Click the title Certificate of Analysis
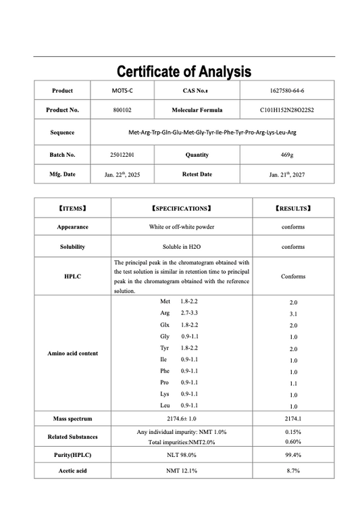point(184,72)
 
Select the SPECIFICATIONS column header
point(182,209)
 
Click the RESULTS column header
point(293,209)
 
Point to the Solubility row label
point(72,247)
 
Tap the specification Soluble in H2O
point(182,247)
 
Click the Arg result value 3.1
point(293,314)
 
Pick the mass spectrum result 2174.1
point(293,419)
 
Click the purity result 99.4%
point(293,455)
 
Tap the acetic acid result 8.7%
point(293,470)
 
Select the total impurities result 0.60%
point(293,442)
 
